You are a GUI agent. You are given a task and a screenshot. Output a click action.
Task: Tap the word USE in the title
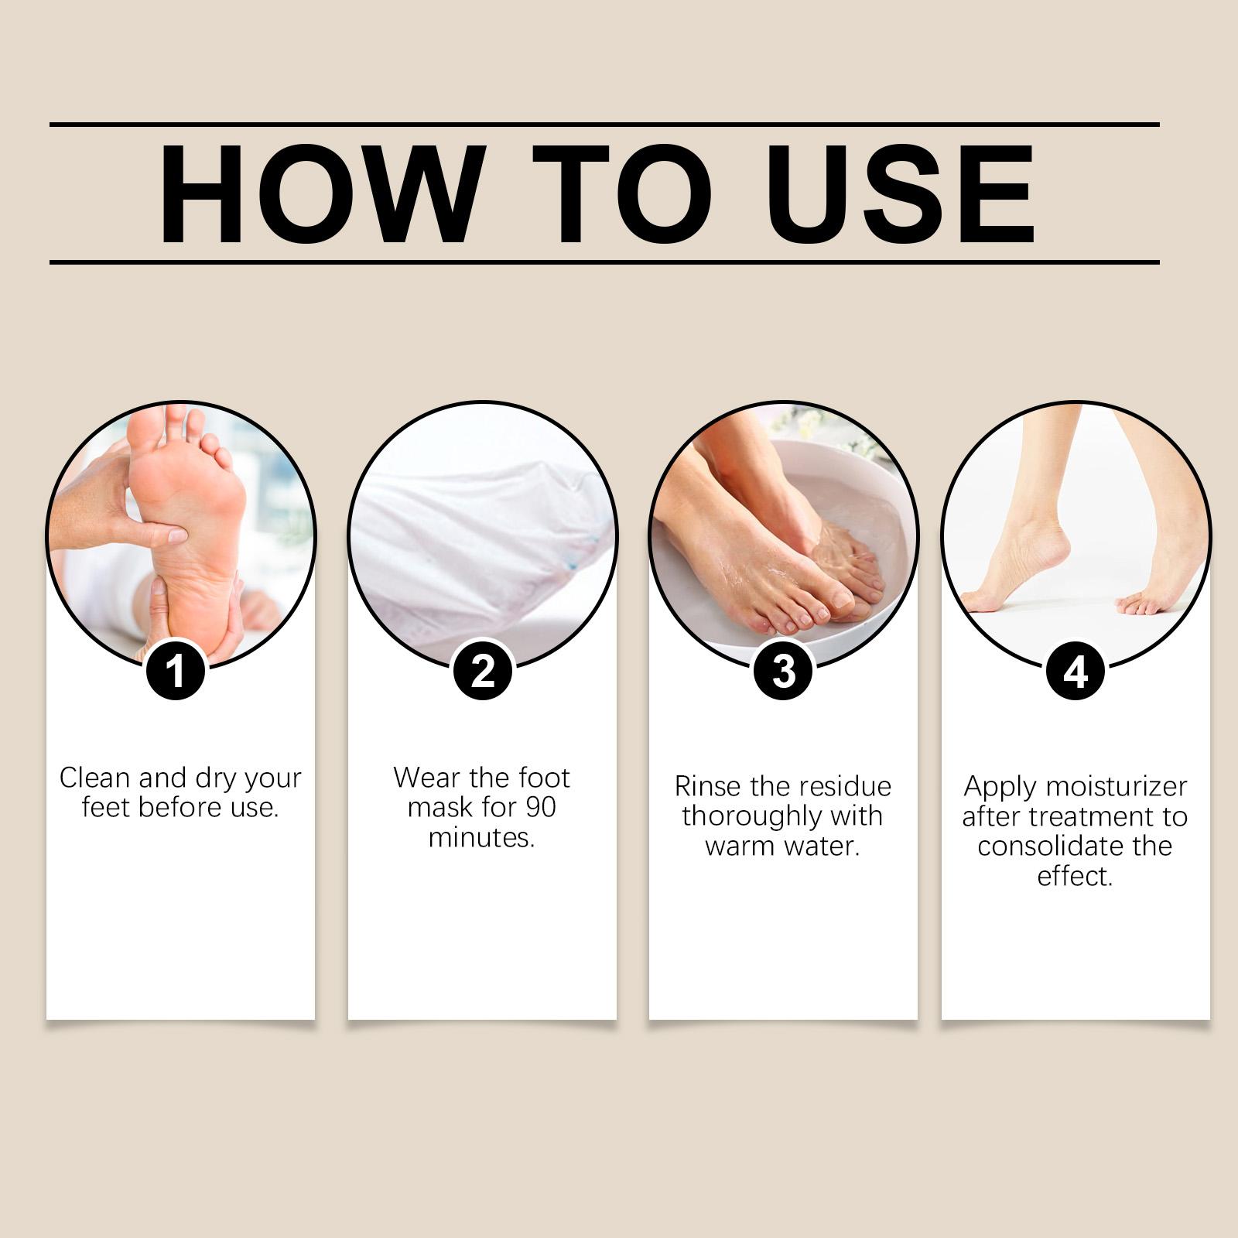point(899,194)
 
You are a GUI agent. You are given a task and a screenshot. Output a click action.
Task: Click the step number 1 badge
point(176,670)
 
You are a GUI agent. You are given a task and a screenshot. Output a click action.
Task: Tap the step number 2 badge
point(483,670)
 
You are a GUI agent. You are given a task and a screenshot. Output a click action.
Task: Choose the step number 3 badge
point(783,670)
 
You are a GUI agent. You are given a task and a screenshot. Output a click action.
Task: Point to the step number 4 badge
point(1076,670)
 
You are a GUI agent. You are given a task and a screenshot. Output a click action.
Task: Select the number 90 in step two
point(541,808)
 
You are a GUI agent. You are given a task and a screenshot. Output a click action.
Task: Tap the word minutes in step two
point(481,838)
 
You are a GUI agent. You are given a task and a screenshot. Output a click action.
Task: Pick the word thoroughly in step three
point(744,817)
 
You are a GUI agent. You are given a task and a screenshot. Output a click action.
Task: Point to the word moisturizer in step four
point(1115,787)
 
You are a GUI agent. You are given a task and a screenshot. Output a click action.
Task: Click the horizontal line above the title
point(604,124)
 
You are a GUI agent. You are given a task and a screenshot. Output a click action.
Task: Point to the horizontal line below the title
point(604,262)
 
